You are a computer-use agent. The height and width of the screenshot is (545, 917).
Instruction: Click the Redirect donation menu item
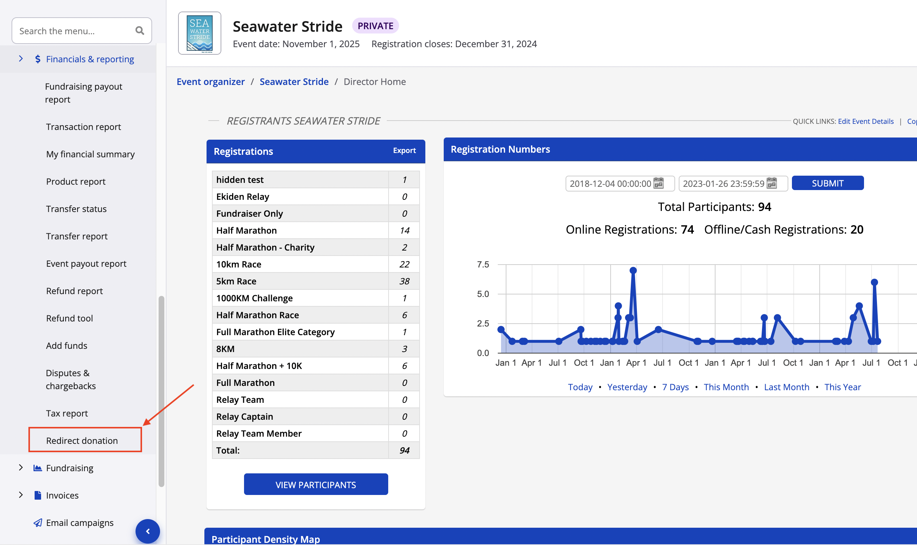[x=82, y=440]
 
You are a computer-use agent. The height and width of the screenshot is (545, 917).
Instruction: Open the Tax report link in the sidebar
[x=67, y=413]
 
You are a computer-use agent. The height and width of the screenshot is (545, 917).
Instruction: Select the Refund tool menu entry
[x=70, y=318]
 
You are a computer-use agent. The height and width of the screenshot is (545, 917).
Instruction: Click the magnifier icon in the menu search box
[x=140, y=31]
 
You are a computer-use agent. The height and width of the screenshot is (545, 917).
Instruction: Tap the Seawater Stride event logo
[x=200, y=33]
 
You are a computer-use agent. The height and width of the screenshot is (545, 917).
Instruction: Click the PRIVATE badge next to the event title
[x=375, y=26]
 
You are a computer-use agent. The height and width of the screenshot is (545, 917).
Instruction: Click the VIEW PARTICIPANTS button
[x=315, y=485]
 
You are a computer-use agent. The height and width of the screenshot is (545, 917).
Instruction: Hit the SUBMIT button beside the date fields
[x=827, y=183]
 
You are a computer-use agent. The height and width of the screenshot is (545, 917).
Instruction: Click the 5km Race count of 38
[x=404, y=281]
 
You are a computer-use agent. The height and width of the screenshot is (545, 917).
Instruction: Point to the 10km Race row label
[x=239, y=264]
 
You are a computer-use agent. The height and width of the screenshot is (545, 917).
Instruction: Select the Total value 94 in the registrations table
[x=404, y=450]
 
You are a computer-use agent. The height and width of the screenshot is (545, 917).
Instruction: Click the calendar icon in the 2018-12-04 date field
[x=659, y=183]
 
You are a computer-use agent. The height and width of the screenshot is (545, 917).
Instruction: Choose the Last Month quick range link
[x=787, y=387]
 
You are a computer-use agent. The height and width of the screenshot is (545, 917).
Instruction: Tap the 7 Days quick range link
[x=675, y=387]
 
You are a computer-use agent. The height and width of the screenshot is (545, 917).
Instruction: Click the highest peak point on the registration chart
[x=633, y=270]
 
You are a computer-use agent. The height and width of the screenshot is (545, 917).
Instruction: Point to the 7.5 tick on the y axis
[x=483, y=265]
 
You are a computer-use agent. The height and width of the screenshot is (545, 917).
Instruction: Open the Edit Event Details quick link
[x=865, y=121]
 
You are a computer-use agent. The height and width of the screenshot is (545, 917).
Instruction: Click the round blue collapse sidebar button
[x=148, y=531]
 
